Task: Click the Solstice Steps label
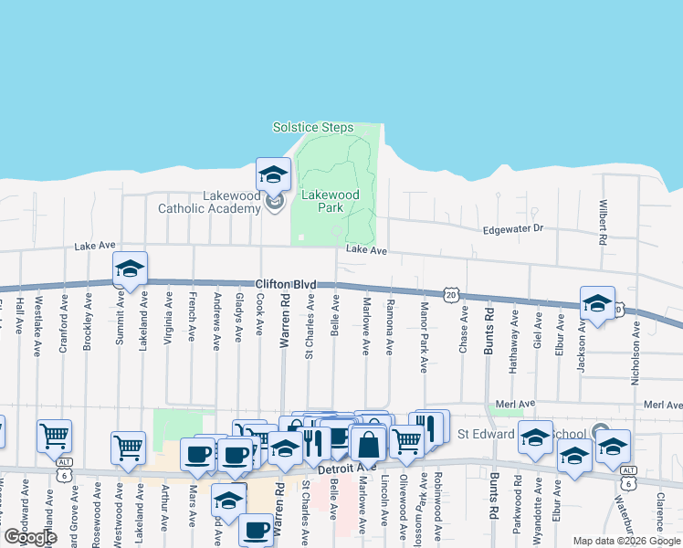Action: click(x=313, y=128)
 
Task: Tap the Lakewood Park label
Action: click(x=331, y=201)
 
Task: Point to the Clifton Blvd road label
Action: click(x=285, y=285)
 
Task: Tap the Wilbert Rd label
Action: click(x=603, y=225)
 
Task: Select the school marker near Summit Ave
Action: click(x=130, y=269)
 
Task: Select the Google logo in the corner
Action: click(x=30, y=537)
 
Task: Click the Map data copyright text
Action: click(x=627, y=541)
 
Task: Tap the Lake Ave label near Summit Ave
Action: click(x=95, y=246)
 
